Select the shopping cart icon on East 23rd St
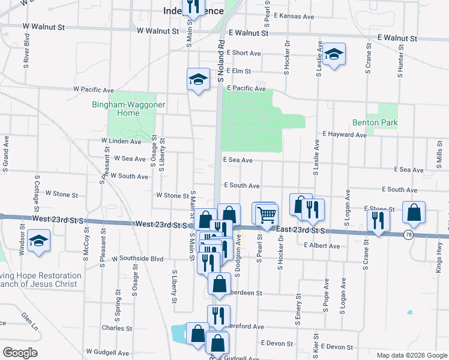266,214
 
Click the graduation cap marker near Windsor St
40,242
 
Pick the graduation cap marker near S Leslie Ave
333,55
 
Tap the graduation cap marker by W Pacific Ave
197,79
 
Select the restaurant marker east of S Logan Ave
378,220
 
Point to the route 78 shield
408,234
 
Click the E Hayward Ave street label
345,135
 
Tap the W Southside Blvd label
137,259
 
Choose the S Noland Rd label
221,60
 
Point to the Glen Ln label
29,321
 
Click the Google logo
20,353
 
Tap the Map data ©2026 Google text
411,355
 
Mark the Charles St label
113,328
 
